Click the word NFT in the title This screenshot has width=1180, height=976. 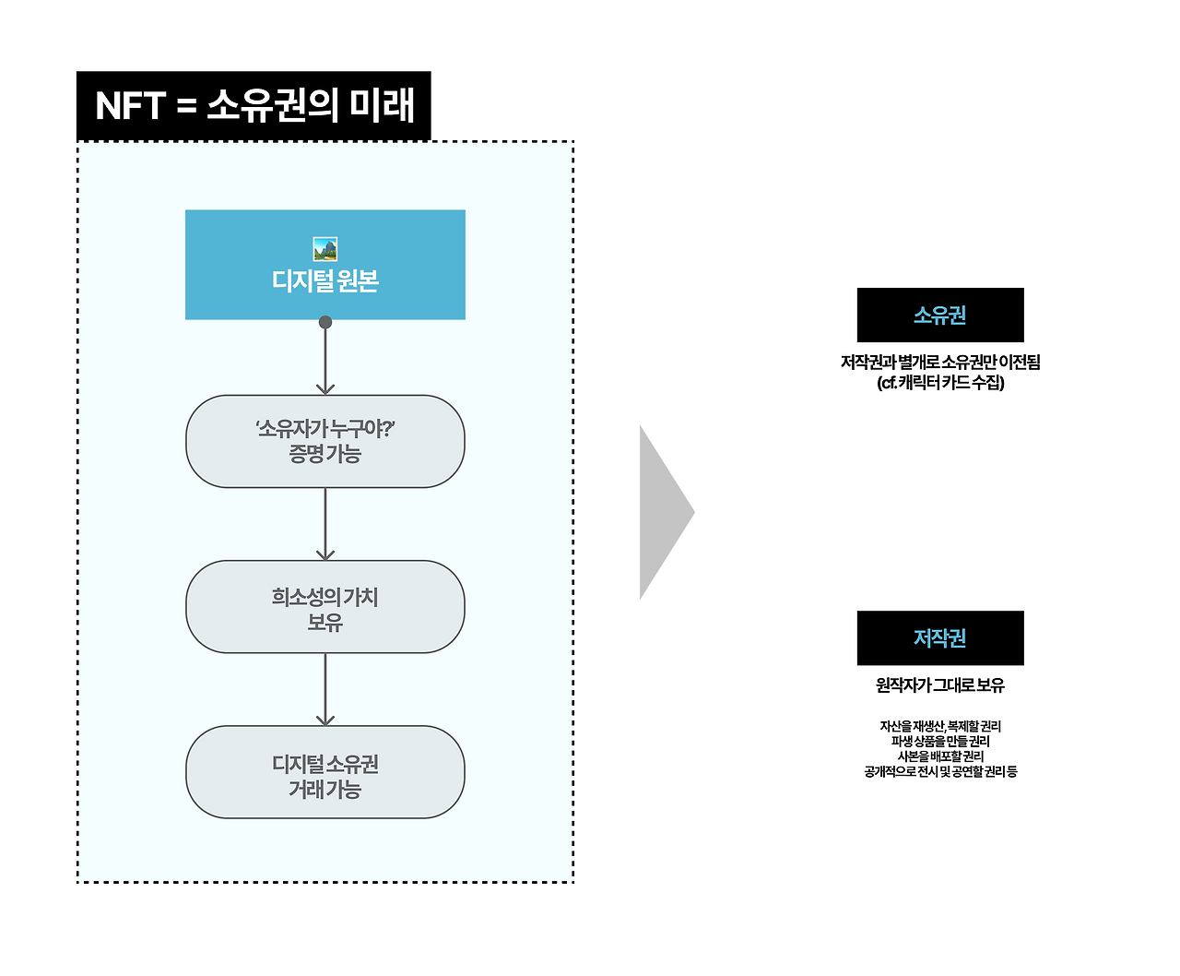tap(130, 106)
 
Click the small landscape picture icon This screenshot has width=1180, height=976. tap(325, 249)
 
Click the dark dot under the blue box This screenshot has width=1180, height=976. tap(325, 322)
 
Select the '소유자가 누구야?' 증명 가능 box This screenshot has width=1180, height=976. tap(325, 441)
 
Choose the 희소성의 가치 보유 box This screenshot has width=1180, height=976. tap(325, 607)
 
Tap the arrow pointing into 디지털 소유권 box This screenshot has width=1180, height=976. tap(325, 690)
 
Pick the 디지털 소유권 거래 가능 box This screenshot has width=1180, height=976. tap(325, 772)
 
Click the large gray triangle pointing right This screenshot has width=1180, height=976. tap(663, 512)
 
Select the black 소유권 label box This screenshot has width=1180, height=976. tap(940, 315)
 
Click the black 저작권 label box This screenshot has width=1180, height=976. tap(940, 637)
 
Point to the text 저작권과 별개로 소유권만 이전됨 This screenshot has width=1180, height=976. tap(940, 363)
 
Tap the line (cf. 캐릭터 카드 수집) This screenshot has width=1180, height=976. tap(940, 383)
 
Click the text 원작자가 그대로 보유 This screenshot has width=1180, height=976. tap(940, 685)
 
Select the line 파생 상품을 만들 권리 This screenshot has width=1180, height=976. tap(940, 742)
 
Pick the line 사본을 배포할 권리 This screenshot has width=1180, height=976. tap(940, 756)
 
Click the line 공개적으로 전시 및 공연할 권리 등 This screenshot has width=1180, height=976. tap(940, 772)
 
